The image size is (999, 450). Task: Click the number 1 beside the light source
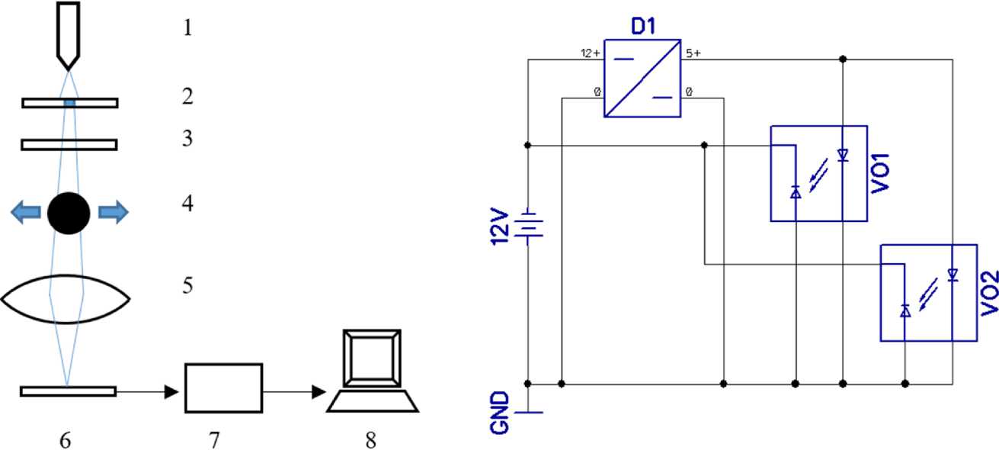[187, 27]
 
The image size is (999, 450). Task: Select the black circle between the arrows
[69, 213]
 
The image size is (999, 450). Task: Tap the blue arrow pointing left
[26, 212]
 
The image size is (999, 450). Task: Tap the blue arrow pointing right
[114, 212]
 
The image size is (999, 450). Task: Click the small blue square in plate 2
[69, 103]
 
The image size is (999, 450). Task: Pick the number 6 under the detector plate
[65, 441]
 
